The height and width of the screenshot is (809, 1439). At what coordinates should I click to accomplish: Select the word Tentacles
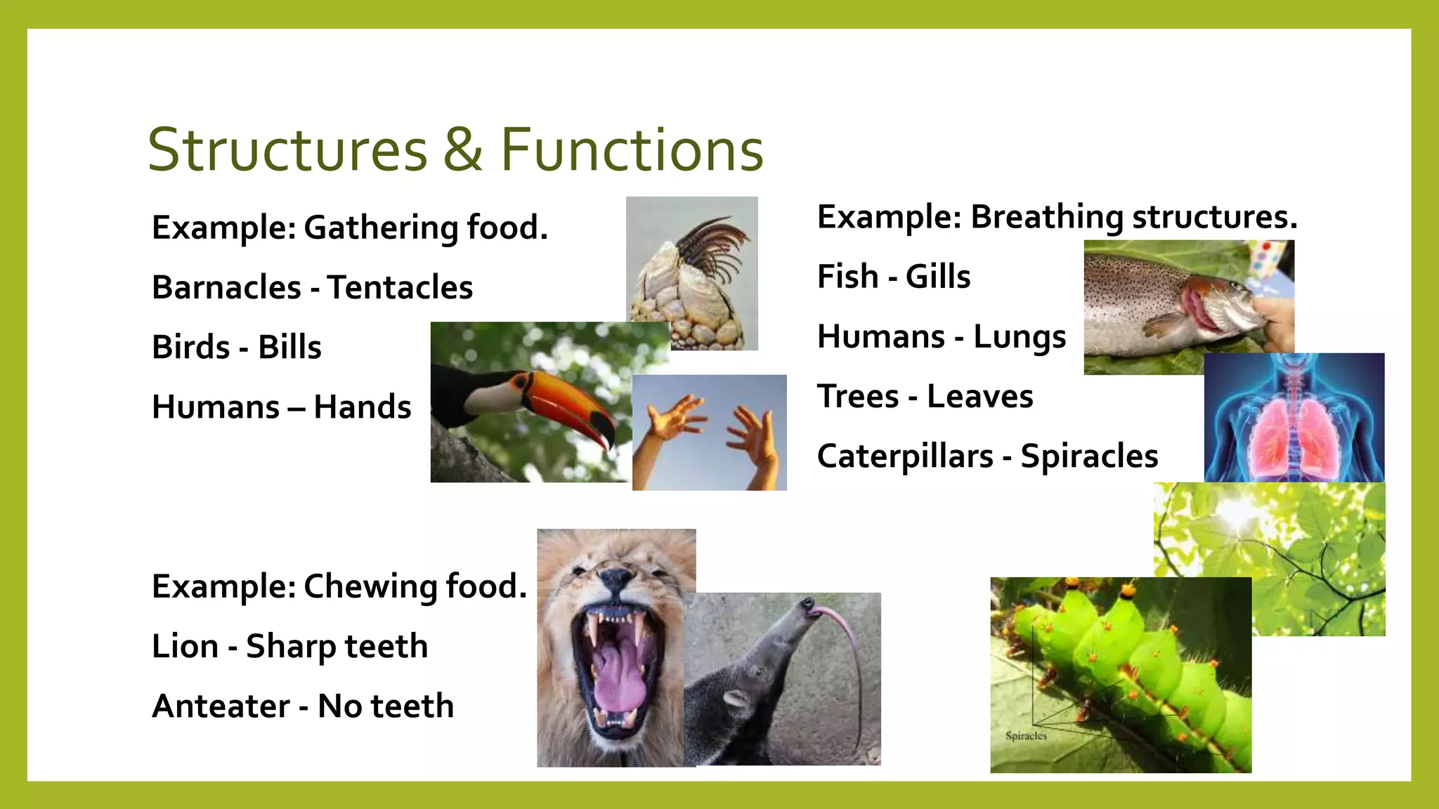pyautogui.click(x=400, y=287)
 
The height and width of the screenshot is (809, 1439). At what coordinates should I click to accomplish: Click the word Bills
pyautogui.click(x=289, y=347)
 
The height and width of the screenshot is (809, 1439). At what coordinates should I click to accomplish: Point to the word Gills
pyautogui.click(x=937, y=276)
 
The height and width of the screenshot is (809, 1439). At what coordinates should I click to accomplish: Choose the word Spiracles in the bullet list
pyautogui.click(x=1089, y=456)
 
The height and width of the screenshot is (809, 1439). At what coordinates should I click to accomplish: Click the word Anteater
pyautogui.click(x=221, y=706)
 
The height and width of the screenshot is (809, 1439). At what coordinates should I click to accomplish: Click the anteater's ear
pyautogui.click(x=736, y=699)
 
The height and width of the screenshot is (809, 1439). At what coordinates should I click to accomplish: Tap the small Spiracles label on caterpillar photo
pyautogui.click(x=1026, y=735)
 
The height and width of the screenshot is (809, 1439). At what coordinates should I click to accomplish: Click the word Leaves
pyautogui.click(x=979, y=396)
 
